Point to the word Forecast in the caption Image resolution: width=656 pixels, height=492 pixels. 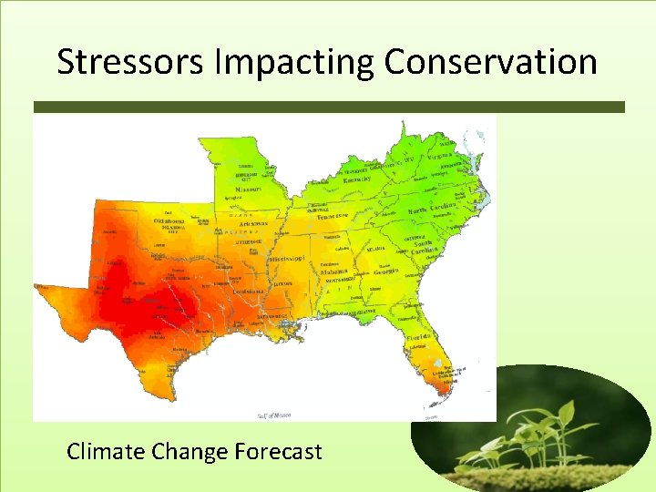(278, 451)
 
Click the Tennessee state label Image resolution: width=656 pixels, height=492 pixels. (333, 216)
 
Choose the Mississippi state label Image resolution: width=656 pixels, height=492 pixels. (292, 260)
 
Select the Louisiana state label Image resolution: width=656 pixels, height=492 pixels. (246, 292)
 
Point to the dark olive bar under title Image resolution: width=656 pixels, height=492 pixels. (328, 107)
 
